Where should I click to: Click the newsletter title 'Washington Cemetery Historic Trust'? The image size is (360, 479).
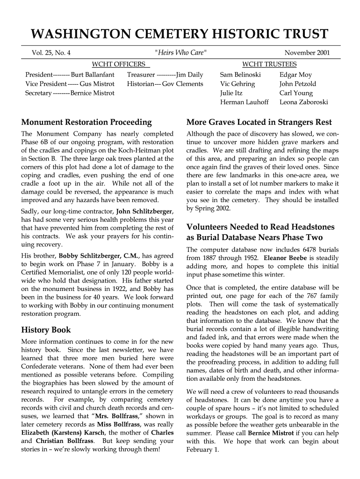point(180,34)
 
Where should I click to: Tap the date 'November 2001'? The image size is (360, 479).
point(307,53)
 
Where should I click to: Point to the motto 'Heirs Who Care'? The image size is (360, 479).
point(180,53)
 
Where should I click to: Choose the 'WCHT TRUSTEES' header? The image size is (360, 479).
point(269,64)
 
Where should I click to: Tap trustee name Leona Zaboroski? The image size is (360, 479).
point(303,102)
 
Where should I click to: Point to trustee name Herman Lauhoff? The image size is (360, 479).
point(244,102)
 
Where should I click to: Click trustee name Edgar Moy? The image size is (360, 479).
point(295,75)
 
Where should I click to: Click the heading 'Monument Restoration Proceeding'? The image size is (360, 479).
point(86,123)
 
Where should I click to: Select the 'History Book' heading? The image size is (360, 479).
point(46,330)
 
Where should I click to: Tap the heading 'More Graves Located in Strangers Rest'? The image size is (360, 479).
point(259,123)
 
